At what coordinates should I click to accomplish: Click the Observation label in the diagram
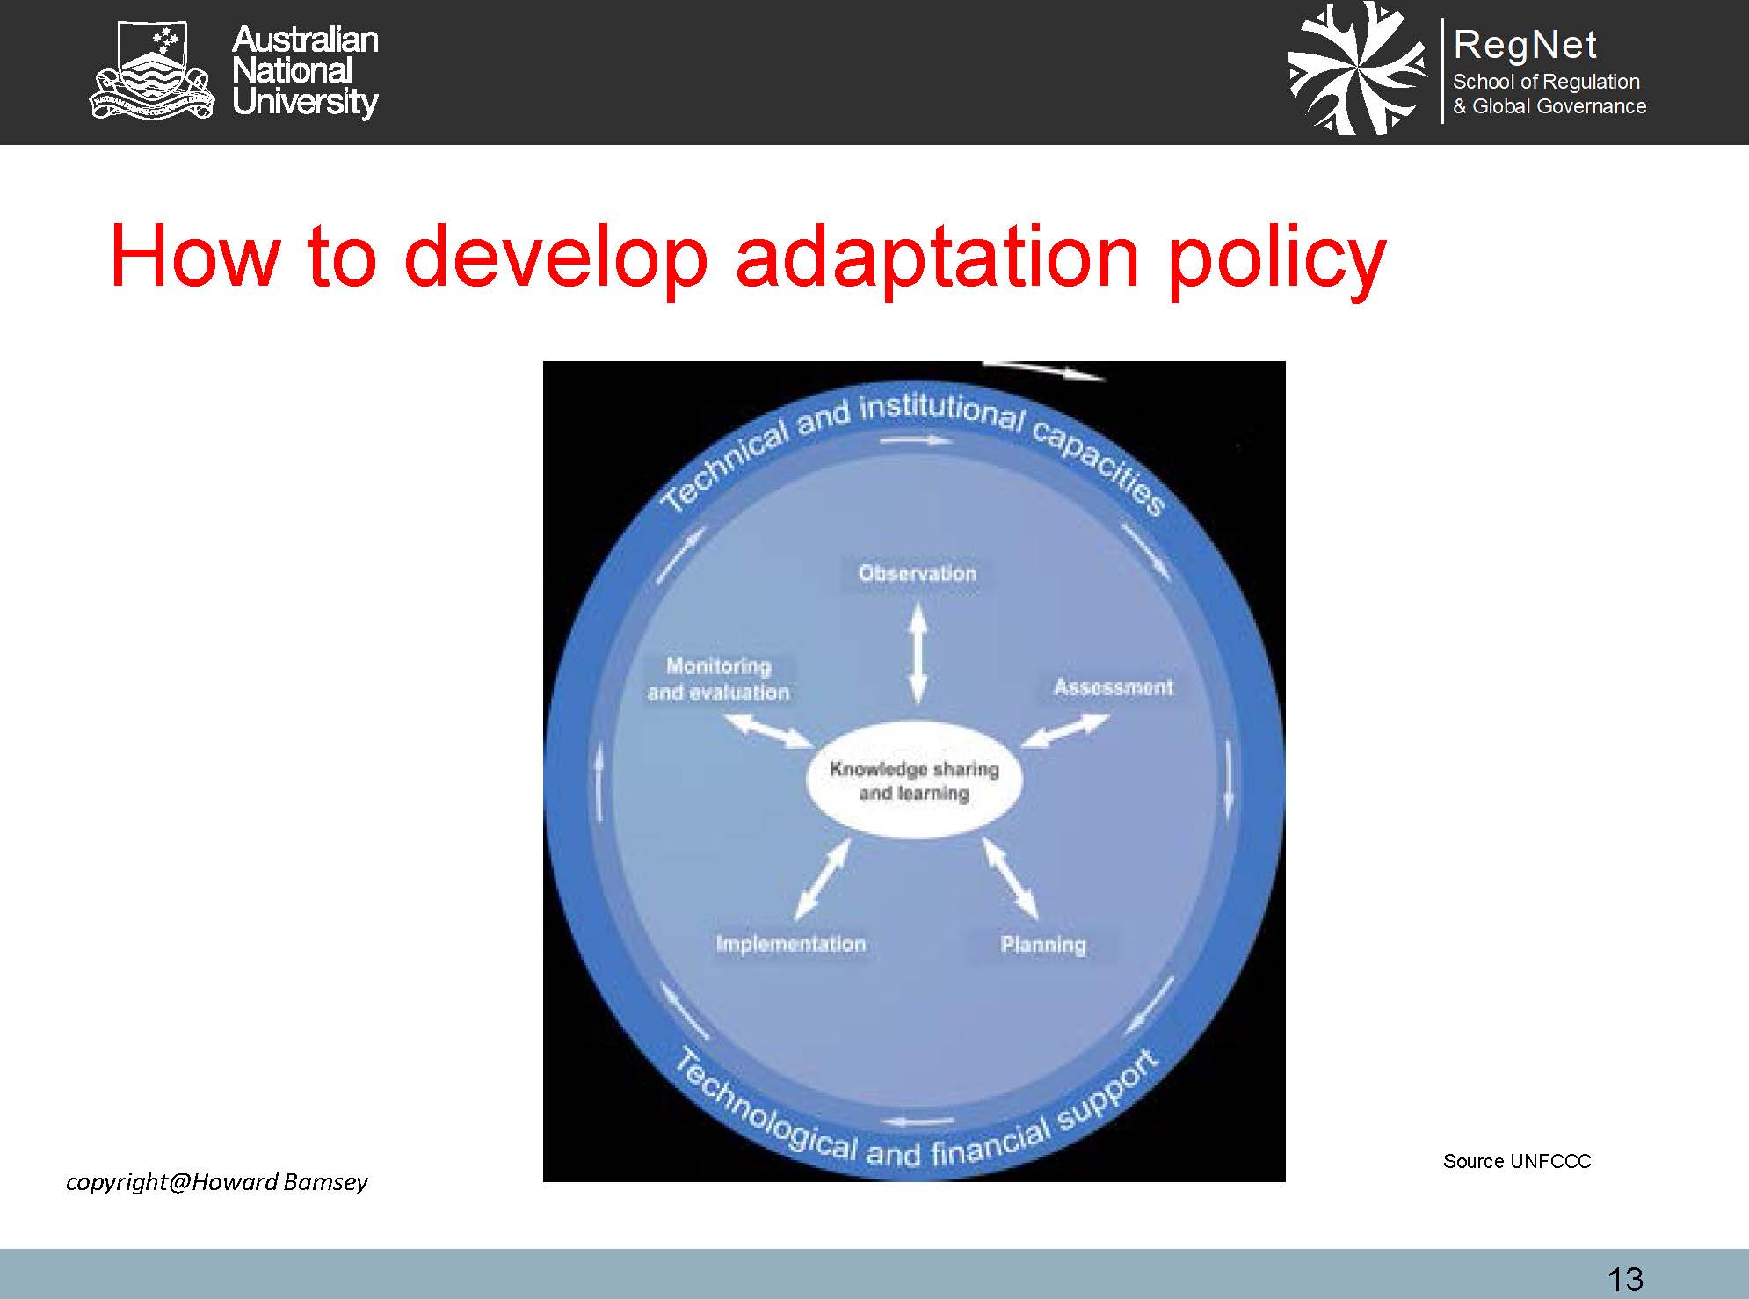pyautogui.click(x=918, y=574)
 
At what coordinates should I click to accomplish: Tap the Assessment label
pyautogui.click(x=1113, y=687)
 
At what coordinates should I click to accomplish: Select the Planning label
pyautogui.click(x=1043, y=946)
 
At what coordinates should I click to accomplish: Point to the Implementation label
pyautogui.click(x=791, y=944)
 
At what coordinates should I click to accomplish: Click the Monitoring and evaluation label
pyautogui.click(x=719, y=679)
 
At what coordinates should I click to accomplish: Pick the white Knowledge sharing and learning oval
pyautogui.click(x=914, y=781)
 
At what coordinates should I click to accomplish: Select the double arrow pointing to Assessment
pyautogui.click(x=1065, y=730)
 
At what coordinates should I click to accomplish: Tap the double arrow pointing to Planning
pyautogui.click(x=1010, y=878)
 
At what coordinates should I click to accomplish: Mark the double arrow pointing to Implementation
pyautogui.click(x=823, y=879)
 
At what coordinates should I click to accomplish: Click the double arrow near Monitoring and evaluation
pyautogui.click(x=768, y=729)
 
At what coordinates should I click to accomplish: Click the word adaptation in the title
pyautogui.click(x=937, y=258)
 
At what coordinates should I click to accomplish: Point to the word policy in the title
pyautogui.click(x=1277, y=258)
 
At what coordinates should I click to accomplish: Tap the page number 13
pyautogui.click(x=1625, y=1279)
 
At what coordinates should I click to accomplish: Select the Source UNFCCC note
pyautogui.click(x=1517, y=1161)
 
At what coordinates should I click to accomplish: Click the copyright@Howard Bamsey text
pyautogui.click(x=217, y=1183)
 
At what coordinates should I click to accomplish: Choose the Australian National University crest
pyautogui.click(x=152, y=71)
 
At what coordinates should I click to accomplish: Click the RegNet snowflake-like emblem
pyautogui.click(x=1357, y=69)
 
